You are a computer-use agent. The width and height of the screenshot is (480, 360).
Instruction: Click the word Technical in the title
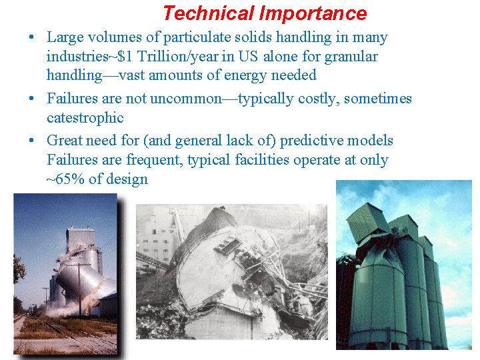tap(208, 13)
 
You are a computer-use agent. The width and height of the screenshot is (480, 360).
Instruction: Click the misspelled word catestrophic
tap(85, 118)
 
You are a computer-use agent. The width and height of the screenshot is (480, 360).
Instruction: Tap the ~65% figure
tap(70, 179)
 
